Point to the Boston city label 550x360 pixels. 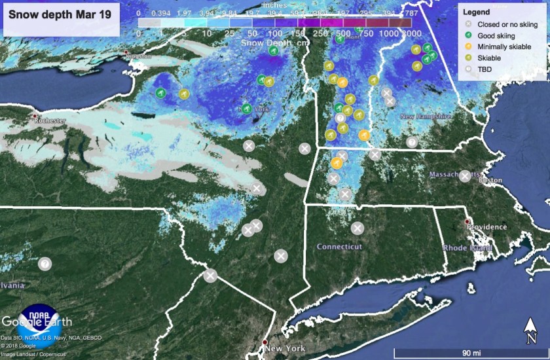[491, 180]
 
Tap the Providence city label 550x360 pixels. [486, 227]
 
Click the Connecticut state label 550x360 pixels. [339, 247]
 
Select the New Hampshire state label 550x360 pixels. [426, 117]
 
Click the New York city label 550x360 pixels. [286, 349]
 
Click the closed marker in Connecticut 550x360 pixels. [357, 228]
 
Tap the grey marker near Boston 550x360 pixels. [464, 175]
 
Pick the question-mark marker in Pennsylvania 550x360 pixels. [44, 264]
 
